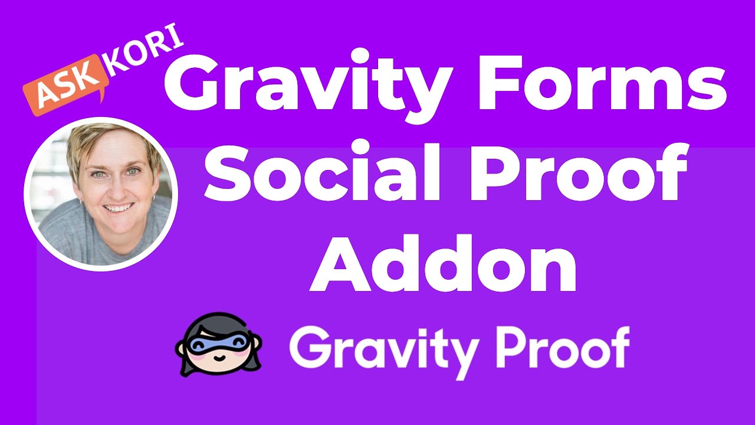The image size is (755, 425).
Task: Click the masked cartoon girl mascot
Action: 218,345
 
